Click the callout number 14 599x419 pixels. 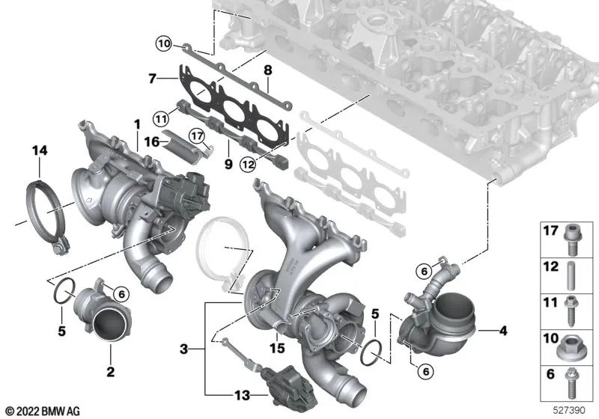38,151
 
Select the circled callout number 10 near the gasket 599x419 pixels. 164,43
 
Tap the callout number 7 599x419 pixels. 152,78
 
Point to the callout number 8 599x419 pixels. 266,72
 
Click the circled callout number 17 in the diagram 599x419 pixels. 196,137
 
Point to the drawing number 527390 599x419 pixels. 571,411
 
